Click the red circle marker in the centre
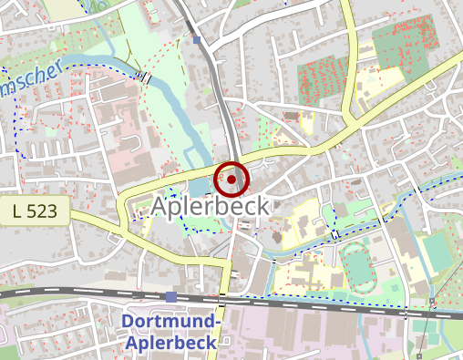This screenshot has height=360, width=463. click(231, 180)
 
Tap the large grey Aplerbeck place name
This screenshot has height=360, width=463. click(211, 207)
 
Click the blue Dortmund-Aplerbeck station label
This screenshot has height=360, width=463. click(171, 333)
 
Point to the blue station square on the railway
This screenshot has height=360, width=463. click(171, 296)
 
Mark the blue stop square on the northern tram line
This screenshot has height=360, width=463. click(197, 39)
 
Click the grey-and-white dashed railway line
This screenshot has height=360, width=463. click(91, 293)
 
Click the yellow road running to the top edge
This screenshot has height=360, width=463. click(346, 46)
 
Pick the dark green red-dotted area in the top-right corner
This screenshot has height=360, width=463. click(406, 41)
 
